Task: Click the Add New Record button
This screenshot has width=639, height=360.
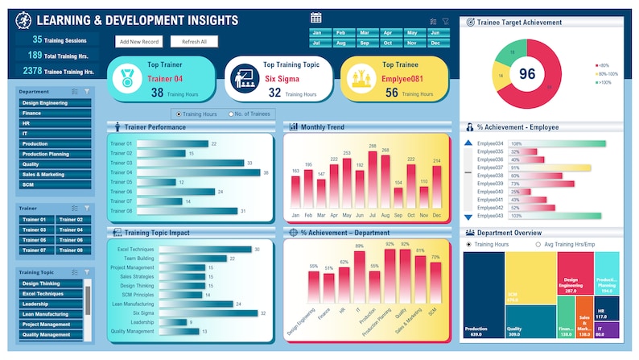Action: coord(138,41)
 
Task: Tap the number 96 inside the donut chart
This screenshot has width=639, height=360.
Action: coord(527,74)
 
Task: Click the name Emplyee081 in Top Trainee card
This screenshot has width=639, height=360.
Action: coord(380,78)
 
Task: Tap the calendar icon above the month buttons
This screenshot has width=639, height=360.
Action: coord(316,18)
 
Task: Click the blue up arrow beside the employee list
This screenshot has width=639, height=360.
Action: coord(468,143)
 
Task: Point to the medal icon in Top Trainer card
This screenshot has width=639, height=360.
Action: coord(126,79)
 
